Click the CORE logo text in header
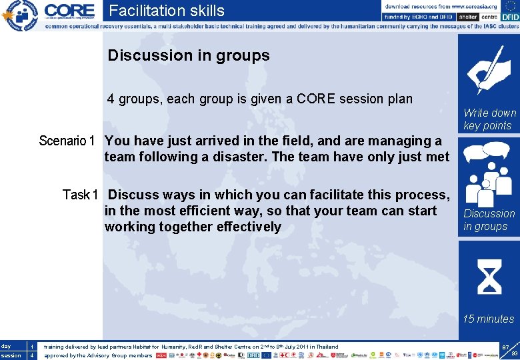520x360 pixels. click(x=69, y=11)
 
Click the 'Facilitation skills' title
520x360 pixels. click(x=167, y=11)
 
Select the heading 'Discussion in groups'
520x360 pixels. click(x=189, y=55)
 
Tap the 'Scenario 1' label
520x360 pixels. click(x=67, y=141)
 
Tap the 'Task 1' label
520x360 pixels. click(x=80, y=195)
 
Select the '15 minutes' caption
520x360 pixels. click(x=489, y=319)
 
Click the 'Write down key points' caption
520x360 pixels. click(x=489, y=119)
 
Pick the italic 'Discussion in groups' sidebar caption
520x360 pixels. click(x=489, y=220)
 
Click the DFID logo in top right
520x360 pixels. click(x=509, y=17)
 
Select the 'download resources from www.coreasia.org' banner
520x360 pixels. click(x=441, y=6)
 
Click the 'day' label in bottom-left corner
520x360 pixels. click(x=7, y=347)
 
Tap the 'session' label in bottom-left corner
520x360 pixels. click(x=11, y=355)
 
